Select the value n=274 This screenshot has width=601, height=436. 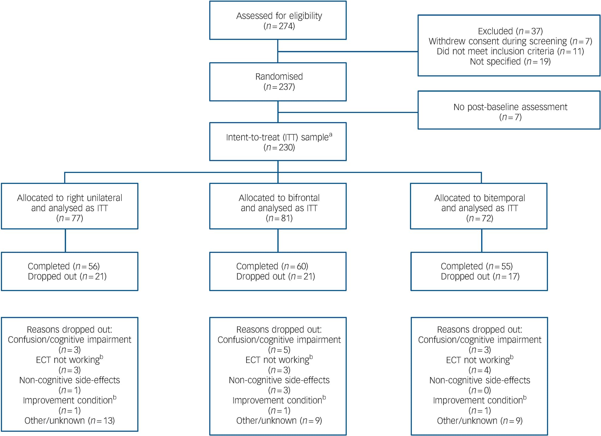pyautogui.click(x=279, y=26)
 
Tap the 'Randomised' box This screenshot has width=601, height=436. pyautogui.click(x=278, y=82)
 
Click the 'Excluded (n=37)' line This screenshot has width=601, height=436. pyautogui.click(x=510, y=31)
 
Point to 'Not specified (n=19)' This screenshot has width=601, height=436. pyautogui.click(x=510, y=62)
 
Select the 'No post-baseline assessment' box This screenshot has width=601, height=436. pyautogui.click(x=509, y=110)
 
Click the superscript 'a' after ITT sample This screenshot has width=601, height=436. pyautogui.click(x=331, y=134)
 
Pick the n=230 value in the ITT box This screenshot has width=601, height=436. pyautogui.click(x=279, y=148)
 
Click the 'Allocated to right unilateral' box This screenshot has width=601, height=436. pyautogui.click(x=69, y=206)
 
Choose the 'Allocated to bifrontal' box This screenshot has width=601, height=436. pyautogui.click(x=278, y=206)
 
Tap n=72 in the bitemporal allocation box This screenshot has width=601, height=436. pyautogui.click(x=480, y=218)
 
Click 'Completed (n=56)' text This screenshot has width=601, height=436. pyautogui.click(x=64, y=266)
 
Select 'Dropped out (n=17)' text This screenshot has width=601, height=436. pyautogui.click(x=480, y=276)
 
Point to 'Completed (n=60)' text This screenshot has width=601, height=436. pyautogui.click(x=272, y=266)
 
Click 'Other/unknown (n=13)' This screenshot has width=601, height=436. pyautogui.click(x=69, y=420)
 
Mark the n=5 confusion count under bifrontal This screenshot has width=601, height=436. pyautogui.click(x=279, y=350)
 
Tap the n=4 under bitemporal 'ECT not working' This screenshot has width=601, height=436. pyautogui.click(x=480, y=370)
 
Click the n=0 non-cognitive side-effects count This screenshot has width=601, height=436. pyautogui.click(x=480, y=390)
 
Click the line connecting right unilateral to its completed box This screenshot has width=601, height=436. pyautogui.click(x=65, y=241)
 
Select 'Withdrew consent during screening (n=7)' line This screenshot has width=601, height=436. pyautogui.click(x=510, y=41)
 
